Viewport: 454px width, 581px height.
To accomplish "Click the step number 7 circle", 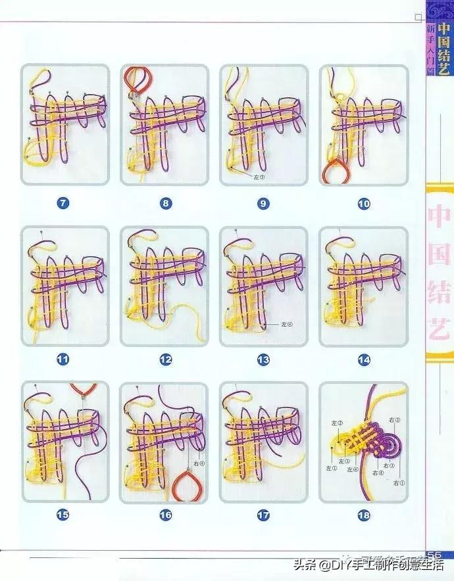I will [x=63, y=203].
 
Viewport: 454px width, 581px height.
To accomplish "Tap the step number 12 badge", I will [x=165, y=360].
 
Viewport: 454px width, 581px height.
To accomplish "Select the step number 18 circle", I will [x=364, y=516].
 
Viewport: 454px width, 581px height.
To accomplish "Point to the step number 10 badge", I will [x=364, y=204].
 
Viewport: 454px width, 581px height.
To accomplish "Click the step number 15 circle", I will [x=63, y=515].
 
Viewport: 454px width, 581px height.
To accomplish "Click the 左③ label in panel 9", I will [x=257, y=177].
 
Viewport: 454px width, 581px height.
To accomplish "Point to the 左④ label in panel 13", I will [x=285, y=324].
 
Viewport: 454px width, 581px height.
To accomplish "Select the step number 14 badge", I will [x=364, y=360].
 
